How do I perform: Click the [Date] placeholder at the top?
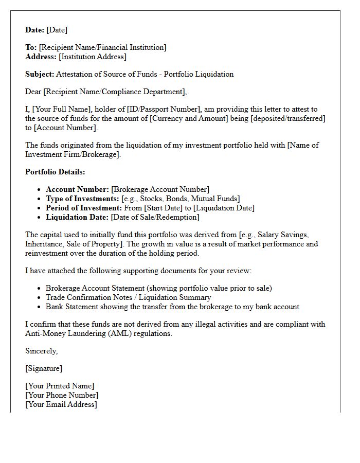click(x=57, y=30)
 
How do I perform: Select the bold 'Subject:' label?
click(x=40, y=74)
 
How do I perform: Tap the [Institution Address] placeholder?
click(x=93, y=57)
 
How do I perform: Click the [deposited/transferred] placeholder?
click(x=289, y=118)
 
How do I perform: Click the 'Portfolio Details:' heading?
click(x=55, y=172)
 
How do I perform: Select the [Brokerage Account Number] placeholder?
click(x=160, y=189)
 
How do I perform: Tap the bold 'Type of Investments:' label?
click(x=82, y=199)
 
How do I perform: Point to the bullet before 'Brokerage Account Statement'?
click(x=40, y=288)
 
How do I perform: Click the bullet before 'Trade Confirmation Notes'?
click(x=40, y=297)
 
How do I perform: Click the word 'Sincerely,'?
click(x=42, y=351)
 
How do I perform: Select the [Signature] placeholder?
click(x=44, y=368)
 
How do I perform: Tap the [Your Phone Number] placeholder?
click(x=62, y=395)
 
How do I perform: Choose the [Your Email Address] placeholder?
click(x=61, y=404)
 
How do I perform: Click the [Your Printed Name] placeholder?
click(x=60, y=386)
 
